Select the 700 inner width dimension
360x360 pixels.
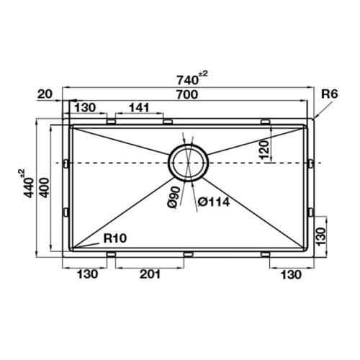(187, 94)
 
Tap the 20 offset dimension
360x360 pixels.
(45, 94)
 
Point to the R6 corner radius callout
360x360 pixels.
(330, 94)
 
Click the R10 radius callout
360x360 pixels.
(115, 238)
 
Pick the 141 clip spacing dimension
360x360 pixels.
(139, 108)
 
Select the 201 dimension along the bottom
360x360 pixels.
(150, 274)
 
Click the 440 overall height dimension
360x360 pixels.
(25, 183)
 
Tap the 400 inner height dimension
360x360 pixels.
(45, 188)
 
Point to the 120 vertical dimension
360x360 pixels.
(264, 150)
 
